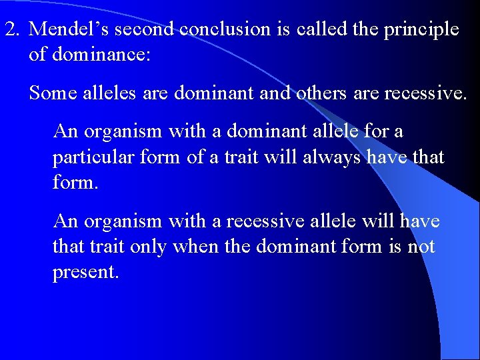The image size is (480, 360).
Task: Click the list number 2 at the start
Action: [x=12, y=30]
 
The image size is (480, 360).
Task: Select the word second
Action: [x=149, y=30]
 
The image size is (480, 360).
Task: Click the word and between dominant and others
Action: [x=272, y=93]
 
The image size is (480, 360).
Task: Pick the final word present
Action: [x=85, y=273]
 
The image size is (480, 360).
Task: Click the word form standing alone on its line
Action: [x=75, y=183]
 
